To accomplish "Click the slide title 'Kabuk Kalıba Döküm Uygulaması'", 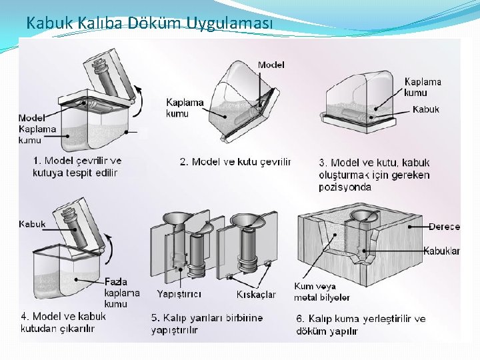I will tap(149, 23).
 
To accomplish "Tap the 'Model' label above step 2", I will tap(271, 65).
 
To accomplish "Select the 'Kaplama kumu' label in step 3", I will tap(423, 87).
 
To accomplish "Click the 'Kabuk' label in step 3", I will tap(426, 109).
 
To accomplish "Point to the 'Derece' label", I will tap(444, 227).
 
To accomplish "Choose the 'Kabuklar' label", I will tap(441, 251).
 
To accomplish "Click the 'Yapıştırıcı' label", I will tap(179, 294).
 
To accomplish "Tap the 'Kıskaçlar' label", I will tap(256, 294).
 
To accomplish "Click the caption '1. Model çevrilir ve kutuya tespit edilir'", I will tap(77, 167).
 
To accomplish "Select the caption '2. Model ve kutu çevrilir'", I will tap(235, 162).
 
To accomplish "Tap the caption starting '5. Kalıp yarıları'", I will tap(207, 323).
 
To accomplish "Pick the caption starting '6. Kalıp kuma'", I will tap(361, 324).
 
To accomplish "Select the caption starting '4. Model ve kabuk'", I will tap(63, 322).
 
